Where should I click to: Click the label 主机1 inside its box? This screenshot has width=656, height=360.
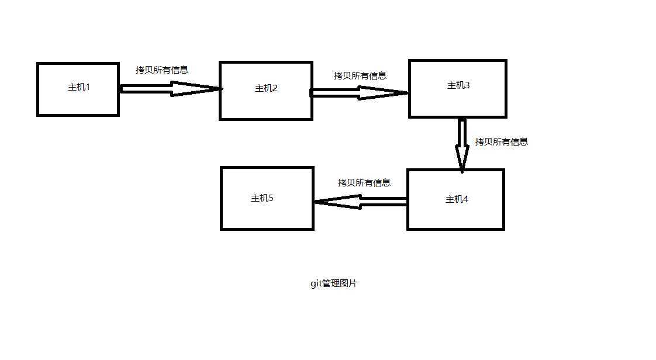pos(78,88)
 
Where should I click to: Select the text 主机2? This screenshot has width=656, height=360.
pos(266,89)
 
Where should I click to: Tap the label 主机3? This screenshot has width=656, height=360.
pos(458,86)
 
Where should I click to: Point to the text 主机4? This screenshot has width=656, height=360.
pos(457,199)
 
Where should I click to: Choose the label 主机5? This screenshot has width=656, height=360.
pos(262,198)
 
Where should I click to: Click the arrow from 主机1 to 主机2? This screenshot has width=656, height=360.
pos(170,89)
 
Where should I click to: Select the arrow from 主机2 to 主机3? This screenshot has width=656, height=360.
pos(358,92)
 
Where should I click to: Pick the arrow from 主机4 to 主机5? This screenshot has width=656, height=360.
pos(360,202)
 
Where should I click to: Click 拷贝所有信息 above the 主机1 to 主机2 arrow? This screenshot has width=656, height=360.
pos(162,70)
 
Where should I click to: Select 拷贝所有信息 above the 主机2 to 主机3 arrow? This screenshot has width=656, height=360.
pos(360,76)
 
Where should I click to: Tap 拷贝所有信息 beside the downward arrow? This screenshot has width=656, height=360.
pos(501,142)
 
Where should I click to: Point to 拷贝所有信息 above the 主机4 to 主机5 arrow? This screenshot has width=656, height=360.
pos(364,183)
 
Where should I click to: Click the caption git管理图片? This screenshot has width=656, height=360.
pos(334,284)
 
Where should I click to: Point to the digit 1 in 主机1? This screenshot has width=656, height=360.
pos(88,88)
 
